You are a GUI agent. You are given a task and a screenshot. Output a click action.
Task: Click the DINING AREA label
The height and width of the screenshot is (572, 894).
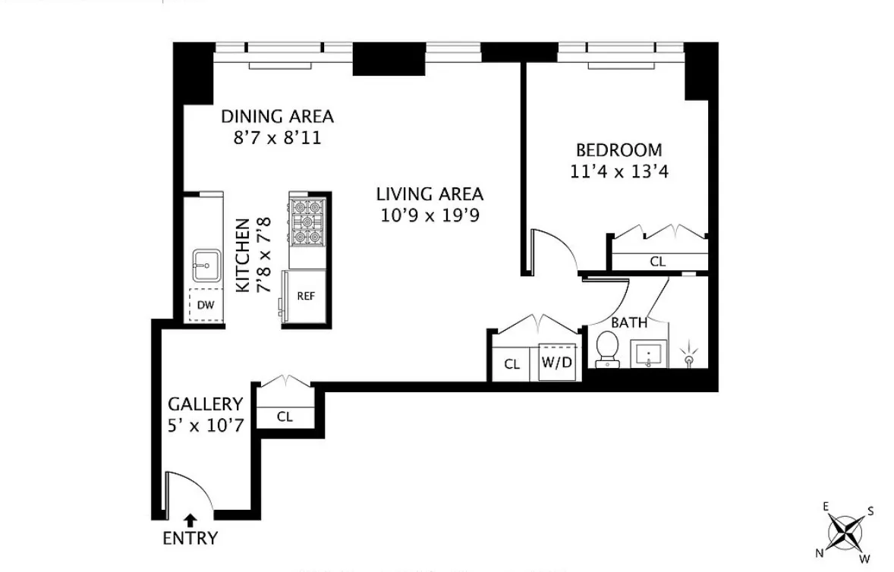tap(277, 117)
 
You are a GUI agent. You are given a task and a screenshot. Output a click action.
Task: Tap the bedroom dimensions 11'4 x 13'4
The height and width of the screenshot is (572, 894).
tap(619, 171)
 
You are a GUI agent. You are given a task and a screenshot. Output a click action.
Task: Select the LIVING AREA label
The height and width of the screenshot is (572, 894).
tap(430, 194)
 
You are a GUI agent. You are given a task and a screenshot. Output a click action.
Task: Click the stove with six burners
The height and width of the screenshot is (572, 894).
tap(307, 221)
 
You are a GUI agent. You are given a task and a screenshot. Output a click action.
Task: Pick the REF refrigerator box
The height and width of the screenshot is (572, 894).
tap(306, 297)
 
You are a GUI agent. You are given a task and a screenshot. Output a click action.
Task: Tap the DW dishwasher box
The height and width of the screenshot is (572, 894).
tap(205, 305)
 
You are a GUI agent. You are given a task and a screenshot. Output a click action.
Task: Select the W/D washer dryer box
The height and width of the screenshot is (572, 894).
tap(556, 363)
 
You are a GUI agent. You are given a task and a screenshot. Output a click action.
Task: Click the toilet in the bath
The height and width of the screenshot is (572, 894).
tap(607, 349)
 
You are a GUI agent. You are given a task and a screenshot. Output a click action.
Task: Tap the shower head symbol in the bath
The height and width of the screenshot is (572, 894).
tap(689, 352)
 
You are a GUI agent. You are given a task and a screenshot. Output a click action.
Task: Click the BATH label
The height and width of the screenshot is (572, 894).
tap(629, 322)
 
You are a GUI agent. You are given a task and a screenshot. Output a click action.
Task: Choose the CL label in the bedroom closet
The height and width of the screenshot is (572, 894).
tap(657, 262)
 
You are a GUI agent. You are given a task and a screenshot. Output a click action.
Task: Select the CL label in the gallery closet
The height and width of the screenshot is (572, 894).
tap(285, 416)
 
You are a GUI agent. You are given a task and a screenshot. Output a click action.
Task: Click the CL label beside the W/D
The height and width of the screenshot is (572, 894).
tap(512, 364)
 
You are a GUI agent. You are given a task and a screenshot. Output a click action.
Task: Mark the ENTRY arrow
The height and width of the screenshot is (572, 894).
tap(190, 520)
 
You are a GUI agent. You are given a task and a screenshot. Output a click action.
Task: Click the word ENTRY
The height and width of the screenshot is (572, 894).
tap(190, 539)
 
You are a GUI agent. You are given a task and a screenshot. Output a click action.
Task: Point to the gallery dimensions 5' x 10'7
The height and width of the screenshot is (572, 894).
tap(206, 426)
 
